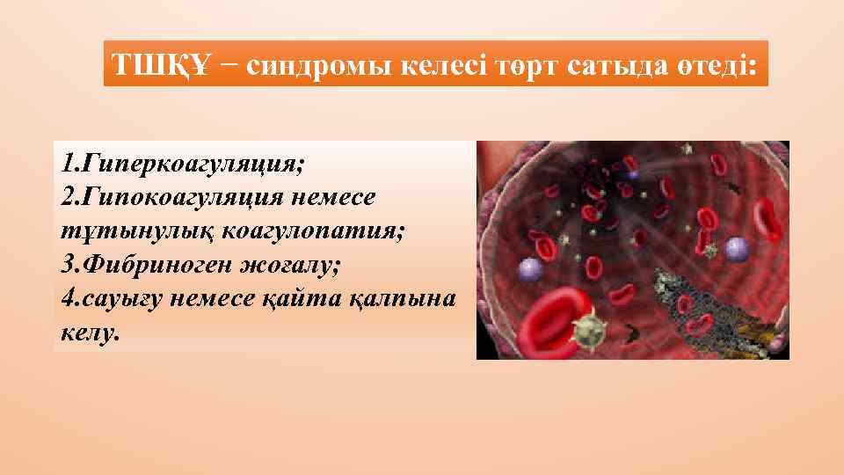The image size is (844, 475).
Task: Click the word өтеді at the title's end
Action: (713, 65)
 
